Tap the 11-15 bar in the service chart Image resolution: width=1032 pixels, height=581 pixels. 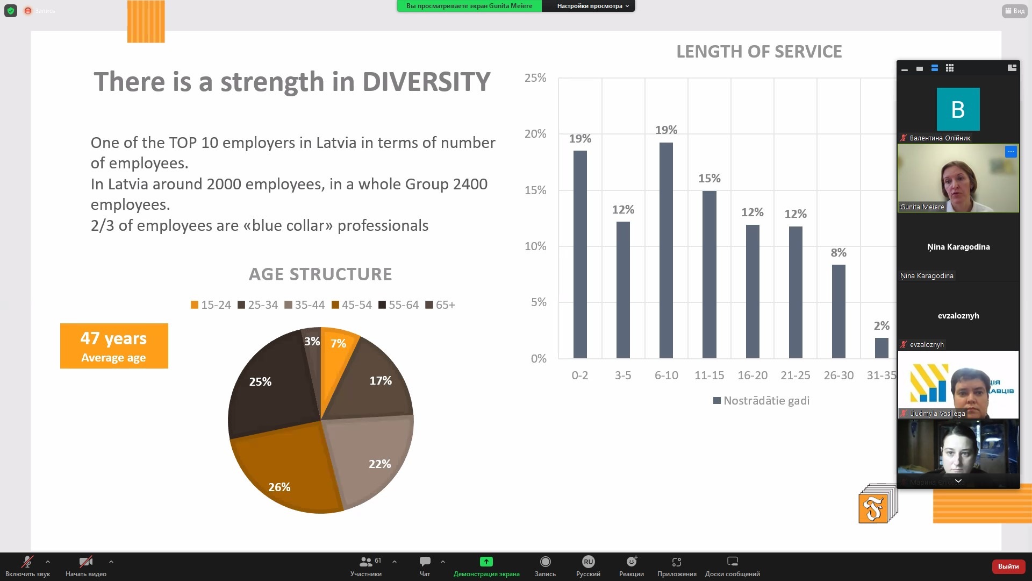709,274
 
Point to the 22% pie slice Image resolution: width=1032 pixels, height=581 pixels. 371,457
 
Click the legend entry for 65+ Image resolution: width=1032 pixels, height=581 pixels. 440,305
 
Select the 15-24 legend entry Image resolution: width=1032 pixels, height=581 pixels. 211,305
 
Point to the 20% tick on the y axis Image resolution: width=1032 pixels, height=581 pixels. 535,134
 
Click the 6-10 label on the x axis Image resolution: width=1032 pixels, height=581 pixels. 666,375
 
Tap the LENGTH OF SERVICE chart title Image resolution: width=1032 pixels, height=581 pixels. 758,52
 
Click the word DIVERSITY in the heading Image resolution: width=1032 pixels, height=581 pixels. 426,82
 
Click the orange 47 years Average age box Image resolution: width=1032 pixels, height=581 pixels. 114,346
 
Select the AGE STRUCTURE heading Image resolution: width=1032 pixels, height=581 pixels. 320,274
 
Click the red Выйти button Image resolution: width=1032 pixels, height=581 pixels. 1008,566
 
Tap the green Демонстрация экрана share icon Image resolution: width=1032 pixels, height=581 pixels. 486,562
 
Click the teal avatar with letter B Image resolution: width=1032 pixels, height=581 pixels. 958,109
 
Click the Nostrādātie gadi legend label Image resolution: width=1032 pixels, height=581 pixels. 766,401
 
